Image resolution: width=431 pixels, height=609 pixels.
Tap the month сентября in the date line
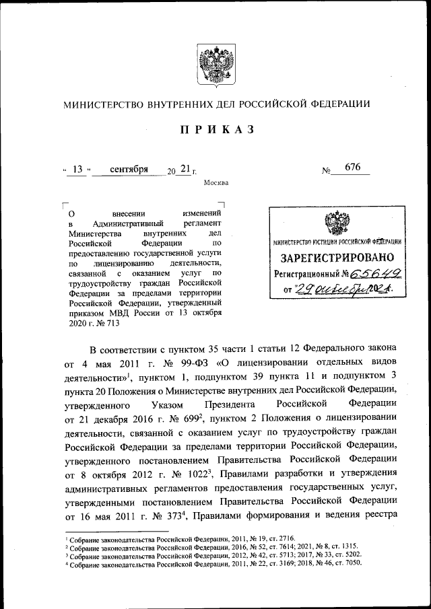pos(129,169)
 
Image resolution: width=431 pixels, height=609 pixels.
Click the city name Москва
pos(215,182)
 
